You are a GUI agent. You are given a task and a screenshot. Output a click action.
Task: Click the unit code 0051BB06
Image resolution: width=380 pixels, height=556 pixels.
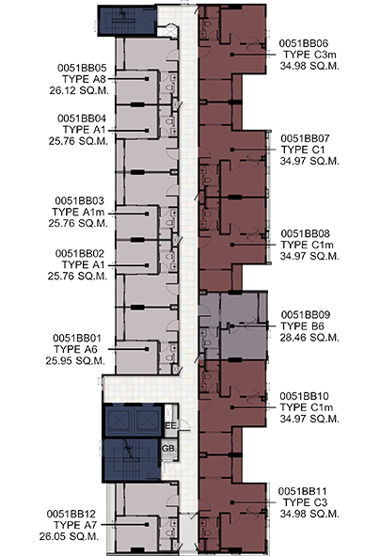(304, 43)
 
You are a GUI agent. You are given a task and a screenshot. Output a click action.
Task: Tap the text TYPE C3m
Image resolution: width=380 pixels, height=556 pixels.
(309, 55)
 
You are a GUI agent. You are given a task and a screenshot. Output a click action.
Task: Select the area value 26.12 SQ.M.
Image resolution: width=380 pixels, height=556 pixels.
(79, 90)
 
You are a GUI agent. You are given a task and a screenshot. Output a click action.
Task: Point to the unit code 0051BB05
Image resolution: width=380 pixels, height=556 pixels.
(82, 68)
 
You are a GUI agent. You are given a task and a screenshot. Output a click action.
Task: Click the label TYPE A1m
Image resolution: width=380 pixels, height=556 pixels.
(78, 212)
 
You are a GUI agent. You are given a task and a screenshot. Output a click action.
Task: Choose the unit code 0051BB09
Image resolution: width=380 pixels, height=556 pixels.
(306, 314)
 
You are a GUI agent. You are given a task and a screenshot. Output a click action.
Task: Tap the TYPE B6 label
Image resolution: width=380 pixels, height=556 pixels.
(302, 326)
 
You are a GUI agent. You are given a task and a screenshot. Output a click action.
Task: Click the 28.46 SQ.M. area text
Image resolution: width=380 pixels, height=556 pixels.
(309, 337)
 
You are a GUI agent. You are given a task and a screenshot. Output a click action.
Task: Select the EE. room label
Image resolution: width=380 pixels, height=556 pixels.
(171, 425)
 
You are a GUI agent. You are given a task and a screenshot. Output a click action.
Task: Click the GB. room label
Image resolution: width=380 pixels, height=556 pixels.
(168, 449)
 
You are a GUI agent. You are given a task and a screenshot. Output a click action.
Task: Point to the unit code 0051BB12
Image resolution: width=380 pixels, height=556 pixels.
(71, 514)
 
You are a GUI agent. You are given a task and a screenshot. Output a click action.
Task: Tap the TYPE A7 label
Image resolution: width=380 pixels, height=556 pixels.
(75, 525)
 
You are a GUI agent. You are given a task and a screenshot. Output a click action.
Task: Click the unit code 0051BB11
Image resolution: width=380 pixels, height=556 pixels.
(302, 491)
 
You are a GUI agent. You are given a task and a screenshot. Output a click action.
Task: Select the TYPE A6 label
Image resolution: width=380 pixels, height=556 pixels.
(75, 349)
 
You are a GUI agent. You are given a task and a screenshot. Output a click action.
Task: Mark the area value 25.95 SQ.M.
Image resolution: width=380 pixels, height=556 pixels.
(75, 360)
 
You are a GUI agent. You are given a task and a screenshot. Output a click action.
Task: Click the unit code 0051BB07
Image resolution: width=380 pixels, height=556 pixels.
(305, 138)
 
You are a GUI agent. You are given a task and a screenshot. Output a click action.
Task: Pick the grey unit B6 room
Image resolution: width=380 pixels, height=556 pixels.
(233, 326)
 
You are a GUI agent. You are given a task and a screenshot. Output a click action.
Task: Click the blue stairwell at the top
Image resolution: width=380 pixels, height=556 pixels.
(127, 21)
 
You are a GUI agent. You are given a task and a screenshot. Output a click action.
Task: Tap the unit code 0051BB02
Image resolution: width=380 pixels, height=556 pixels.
(80, 253)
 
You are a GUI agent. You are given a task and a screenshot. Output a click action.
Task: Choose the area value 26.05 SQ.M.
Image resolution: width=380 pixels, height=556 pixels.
(69, 536)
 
